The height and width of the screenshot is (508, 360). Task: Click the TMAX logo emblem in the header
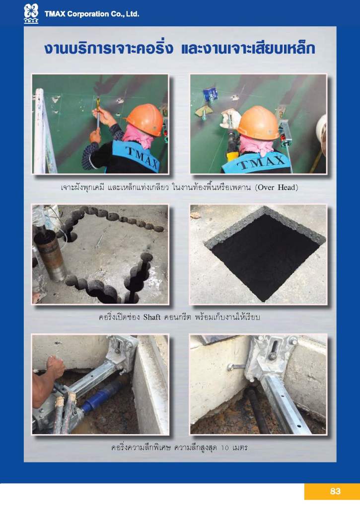[x=31, y=13]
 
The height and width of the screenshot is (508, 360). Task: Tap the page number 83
[x=335, y=491]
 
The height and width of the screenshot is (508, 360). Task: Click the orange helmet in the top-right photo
[x=259, y=123]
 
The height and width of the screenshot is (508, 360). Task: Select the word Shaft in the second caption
[x=152, y=317]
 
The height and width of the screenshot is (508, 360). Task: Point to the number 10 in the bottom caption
[x=225, y=448]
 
